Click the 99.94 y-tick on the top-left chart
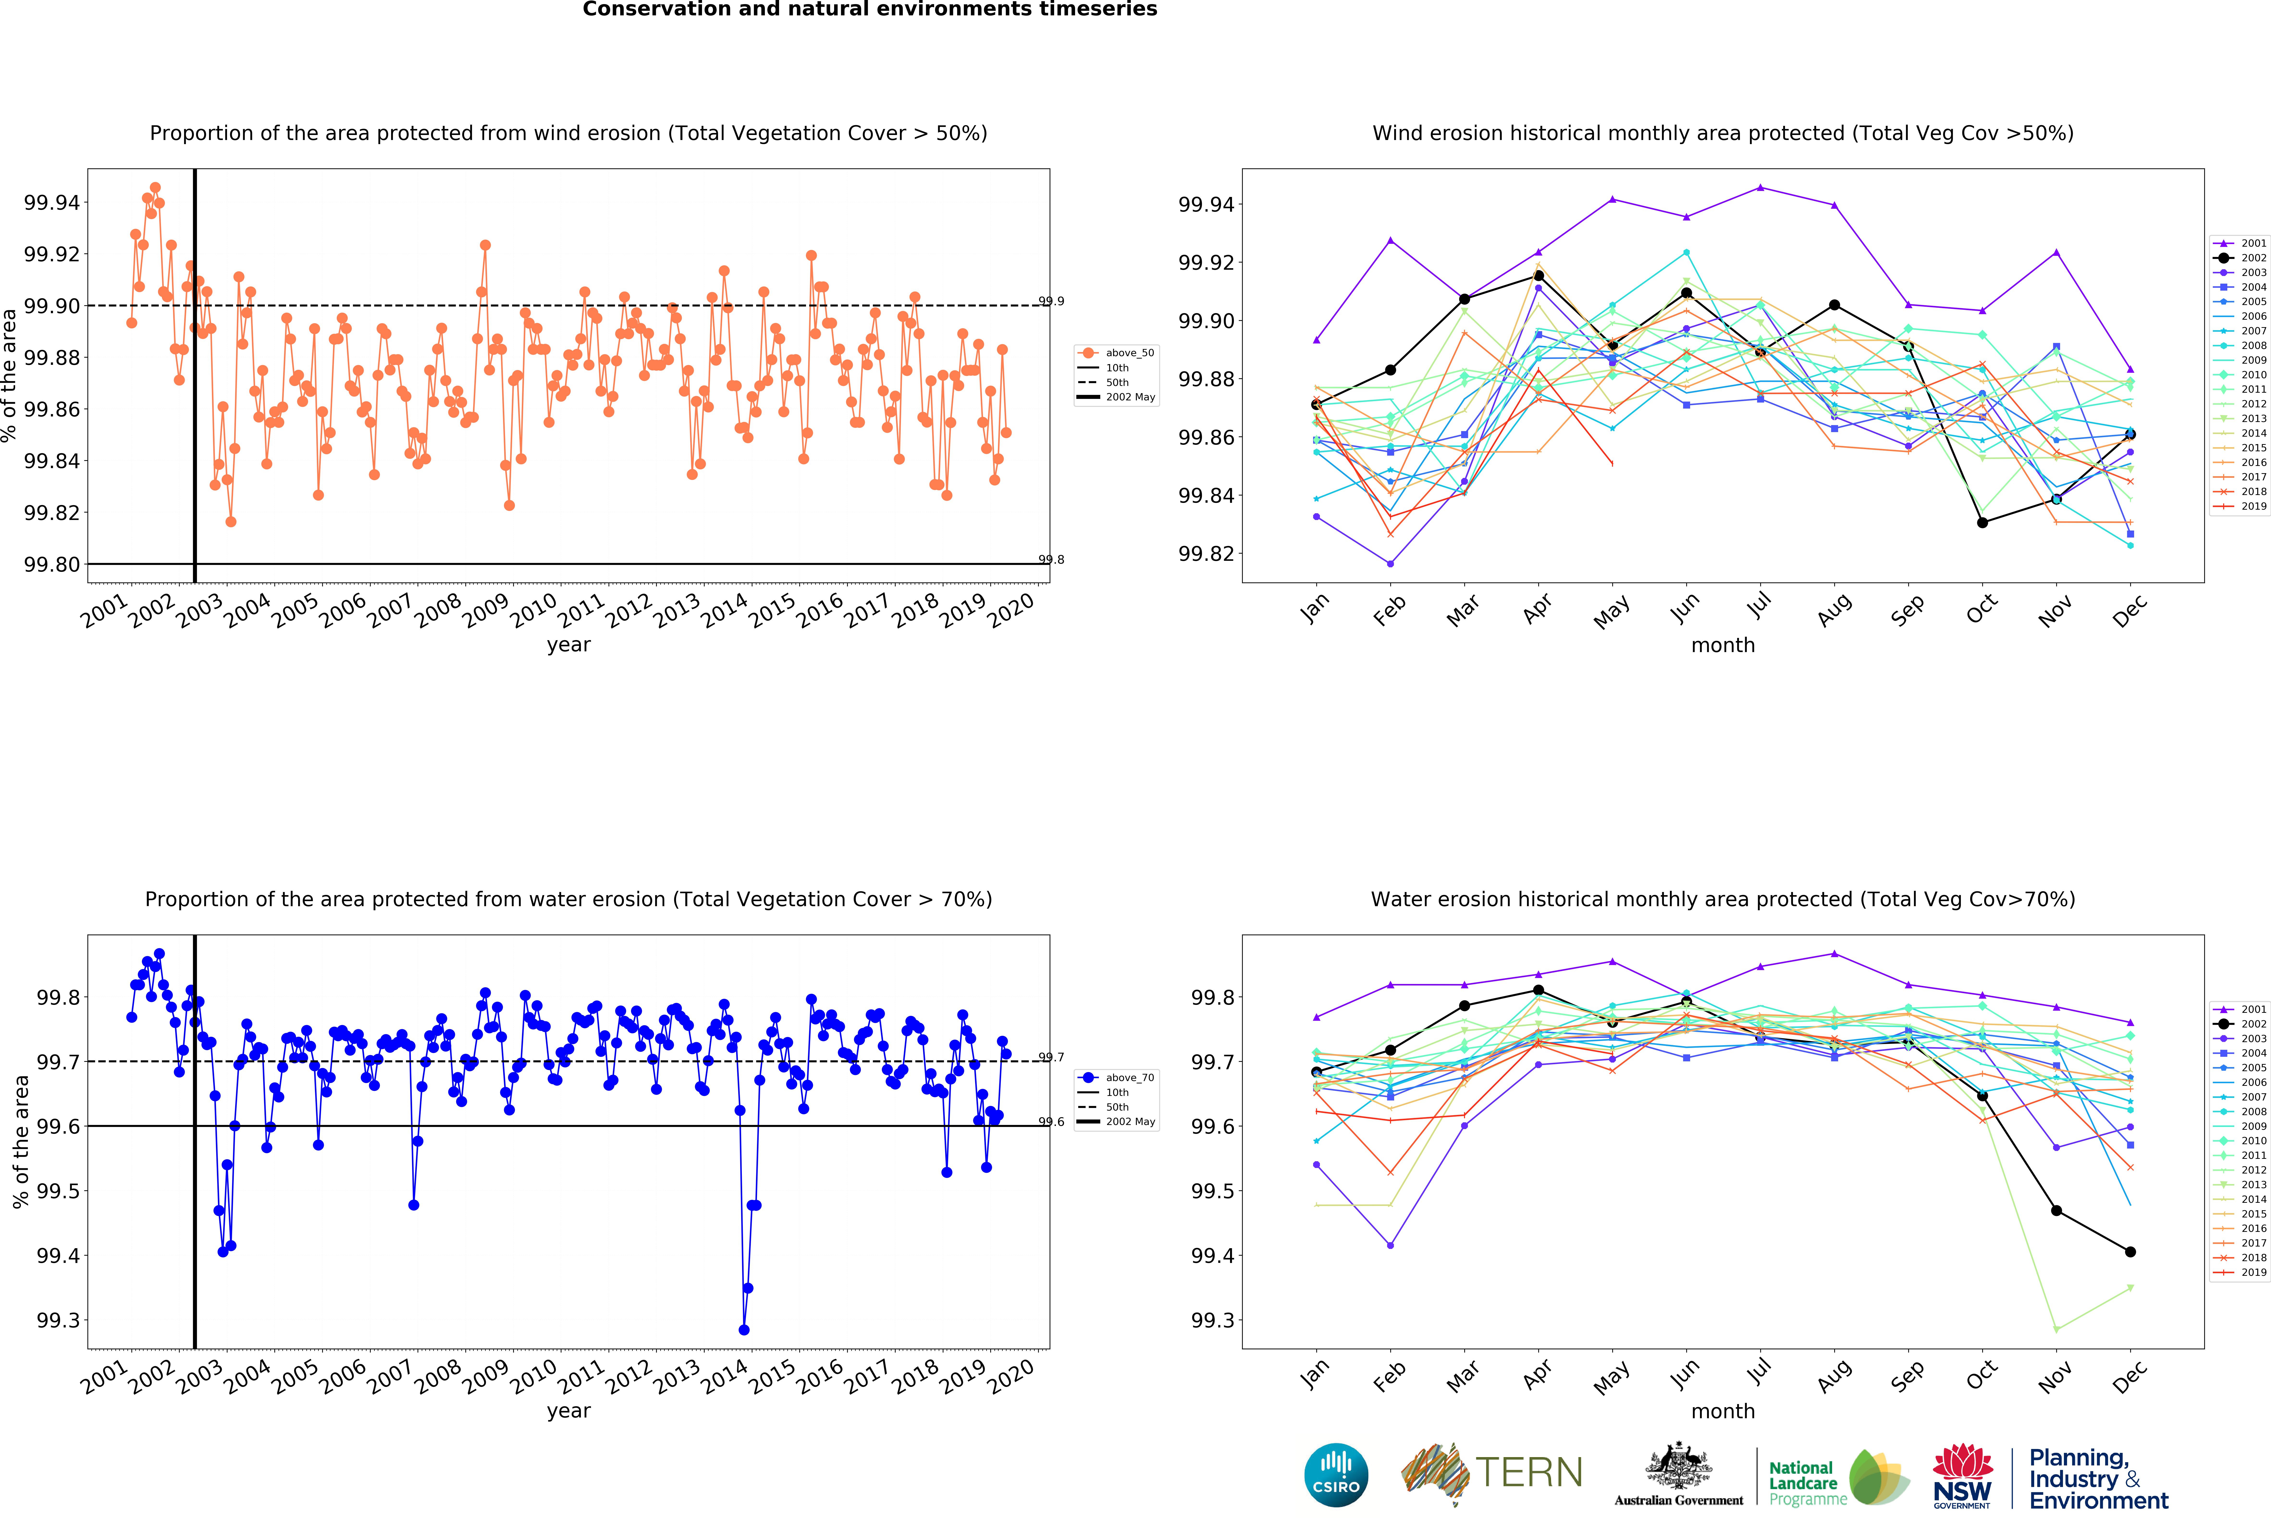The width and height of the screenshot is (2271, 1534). click(x=52, y=202)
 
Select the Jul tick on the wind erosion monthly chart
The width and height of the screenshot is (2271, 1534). click(x=1759, y=606)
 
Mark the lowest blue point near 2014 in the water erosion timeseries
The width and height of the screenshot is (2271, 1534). click(x=744, y=1330)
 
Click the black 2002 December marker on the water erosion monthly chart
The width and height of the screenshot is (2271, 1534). click(x=2130, y=1252)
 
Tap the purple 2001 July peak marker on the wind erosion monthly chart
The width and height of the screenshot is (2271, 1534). click(x=1760, y=188)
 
